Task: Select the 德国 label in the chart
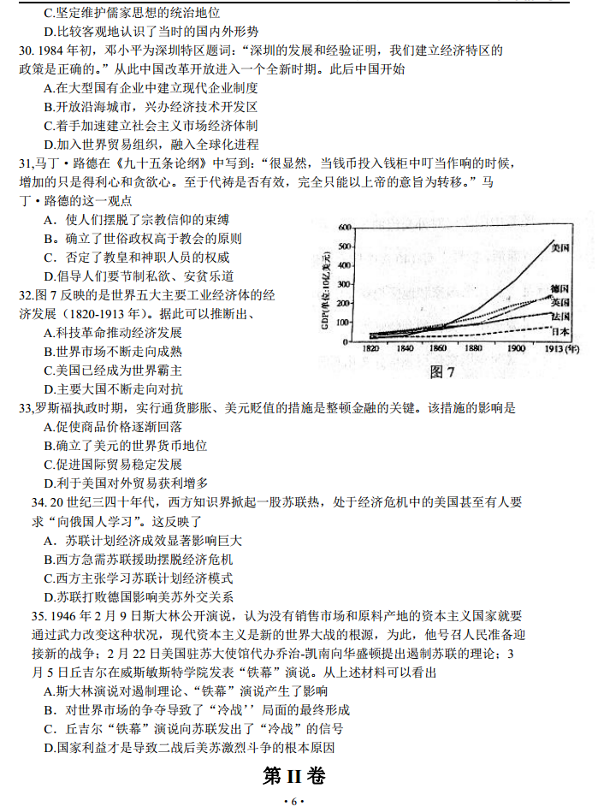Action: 560,287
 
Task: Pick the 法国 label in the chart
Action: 560,317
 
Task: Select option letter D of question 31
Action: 50,276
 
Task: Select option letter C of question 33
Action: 50,464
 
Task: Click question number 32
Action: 26,295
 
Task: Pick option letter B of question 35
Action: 50,709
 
